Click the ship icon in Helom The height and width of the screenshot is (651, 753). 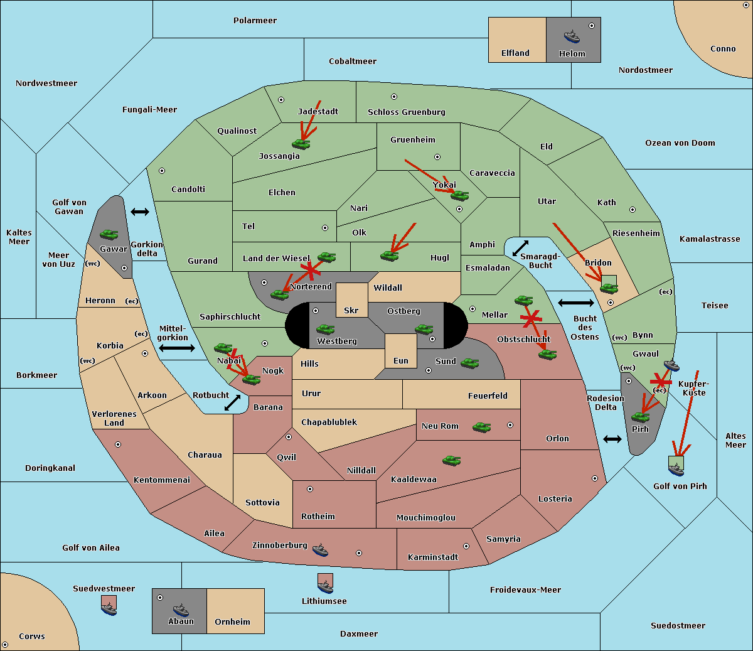tap(572, 36)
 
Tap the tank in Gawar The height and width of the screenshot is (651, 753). tap(109, 234)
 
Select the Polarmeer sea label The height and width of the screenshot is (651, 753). tap(255, 21)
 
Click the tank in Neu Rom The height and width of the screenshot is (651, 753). tap(481, 427)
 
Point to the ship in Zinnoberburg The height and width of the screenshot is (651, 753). tap(321, 550)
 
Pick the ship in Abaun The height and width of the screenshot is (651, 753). tap(181, 610)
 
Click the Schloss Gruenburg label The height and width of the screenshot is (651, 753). tap(407, 112)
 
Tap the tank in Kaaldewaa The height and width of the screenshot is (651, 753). tap(451, 460)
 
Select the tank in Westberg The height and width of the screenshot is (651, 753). tap(325, 329)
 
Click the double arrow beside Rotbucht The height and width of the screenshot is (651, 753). tap(232, 402)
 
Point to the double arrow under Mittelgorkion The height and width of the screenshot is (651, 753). tap(177, 348)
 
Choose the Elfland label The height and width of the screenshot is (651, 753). tap(515, 53)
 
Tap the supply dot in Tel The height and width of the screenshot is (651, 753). tap(325, 228)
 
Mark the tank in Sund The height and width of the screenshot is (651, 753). tap(469, 363)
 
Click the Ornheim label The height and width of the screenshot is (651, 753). tap(232, 621)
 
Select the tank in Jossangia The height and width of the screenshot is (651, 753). tap(301, 144)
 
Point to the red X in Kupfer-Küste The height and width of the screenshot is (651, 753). tap(661, 382)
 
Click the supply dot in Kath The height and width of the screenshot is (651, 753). tap(633, 210)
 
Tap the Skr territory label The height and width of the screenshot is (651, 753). tap(351, 310)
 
